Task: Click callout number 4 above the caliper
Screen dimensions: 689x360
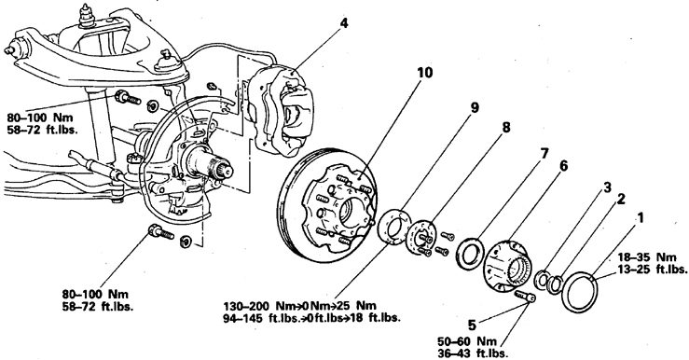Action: click(344, 23)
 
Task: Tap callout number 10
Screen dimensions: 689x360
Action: click(425, 73)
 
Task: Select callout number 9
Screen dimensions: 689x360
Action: click(475, 108)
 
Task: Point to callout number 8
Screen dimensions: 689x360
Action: click(506, 128)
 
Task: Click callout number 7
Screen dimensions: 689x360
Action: click(544, 154)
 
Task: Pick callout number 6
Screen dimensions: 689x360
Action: click(563, 166)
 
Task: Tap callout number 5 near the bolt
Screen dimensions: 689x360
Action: click(472, 325)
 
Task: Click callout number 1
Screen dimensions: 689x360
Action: click(641, 217)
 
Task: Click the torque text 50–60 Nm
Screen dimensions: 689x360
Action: click(467, 341)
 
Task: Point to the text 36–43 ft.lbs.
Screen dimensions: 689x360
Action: click(473, 353)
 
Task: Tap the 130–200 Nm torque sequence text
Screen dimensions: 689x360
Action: click(299, 306)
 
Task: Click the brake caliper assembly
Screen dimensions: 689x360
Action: click(282, 110)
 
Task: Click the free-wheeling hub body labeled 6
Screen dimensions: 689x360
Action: click(507, 265)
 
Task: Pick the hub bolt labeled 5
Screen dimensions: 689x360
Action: click(525, 297)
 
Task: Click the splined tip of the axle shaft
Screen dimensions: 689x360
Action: click(226, 170)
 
